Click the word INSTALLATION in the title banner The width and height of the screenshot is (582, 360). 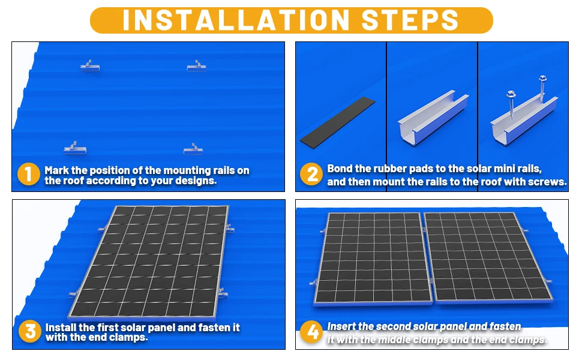pos(236,20)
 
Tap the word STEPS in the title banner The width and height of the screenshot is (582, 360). pos(410,20)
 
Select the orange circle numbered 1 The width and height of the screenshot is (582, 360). pos(29,174)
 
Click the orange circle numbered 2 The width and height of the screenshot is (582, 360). pos(311,174)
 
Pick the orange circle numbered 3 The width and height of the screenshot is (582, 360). pos(29,331)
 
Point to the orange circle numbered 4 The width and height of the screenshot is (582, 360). pos(311,331)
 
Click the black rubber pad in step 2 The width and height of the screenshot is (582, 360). pos(338,123)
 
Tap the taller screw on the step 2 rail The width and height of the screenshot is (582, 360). pos(542,89)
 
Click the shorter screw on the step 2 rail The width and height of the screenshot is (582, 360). pos(511,104)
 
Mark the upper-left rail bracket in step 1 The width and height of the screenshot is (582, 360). pos(90,66)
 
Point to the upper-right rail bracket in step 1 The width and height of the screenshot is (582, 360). pos(196,66)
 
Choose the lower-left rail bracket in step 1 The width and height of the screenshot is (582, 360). pos(75,148)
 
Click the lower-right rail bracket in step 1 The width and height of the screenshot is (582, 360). pos(193,149)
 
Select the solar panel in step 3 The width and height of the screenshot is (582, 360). pos(148,262)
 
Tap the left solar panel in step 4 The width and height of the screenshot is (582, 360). pos(373,259)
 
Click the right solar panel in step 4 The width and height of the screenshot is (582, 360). pos(488,257)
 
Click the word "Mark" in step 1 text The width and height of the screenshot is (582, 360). pos(57,170)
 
